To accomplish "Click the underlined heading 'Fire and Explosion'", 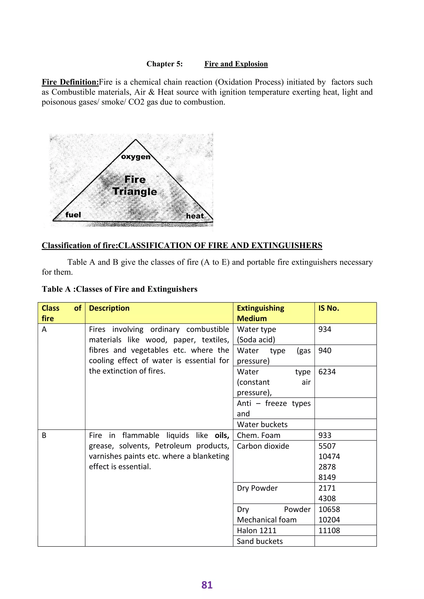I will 236,64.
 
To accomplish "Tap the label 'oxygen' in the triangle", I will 136,157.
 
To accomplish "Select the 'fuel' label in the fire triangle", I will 73,215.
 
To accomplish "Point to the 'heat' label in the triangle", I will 195,216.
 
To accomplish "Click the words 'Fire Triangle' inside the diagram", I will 135,186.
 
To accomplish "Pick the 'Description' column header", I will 109,308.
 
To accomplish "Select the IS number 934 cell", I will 325,329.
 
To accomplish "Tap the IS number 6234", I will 327,371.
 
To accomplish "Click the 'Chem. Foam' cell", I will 258,435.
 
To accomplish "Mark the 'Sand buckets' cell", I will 260,541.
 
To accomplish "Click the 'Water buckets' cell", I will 262,424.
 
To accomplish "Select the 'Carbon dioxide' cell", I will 263,446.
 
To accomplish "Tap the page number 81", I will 207,585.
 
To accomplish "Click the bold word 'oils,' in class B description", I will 222,435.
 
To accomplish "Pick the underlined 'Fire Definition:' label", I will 70,82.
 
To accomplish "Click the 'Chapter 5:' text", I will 164,64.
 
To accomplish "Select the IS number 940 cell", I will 325,350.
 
